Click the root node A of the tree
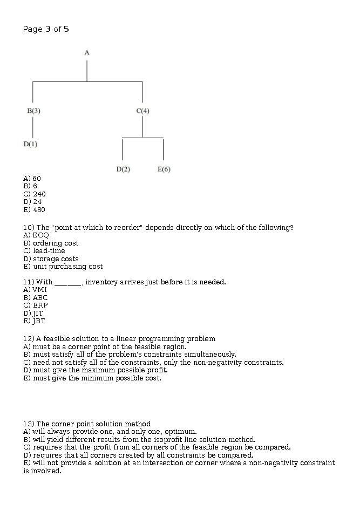click(87, 52)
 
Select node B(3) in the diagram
click(33, 111)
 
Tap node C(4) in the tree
click(142, 111)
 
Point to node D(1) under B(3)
click(30, 144)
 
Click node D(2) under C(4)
click(123, 169)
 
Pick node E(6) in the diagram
click(164, 169)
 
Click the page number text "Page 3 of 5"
click(46, 29)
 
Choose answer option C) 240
click(35, 194)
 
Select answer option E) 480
click(35, 209)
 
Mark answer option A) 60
click(32, 178)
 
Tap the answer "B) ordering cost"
click(51, 243)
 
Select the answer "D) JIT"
click(33, 313)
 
